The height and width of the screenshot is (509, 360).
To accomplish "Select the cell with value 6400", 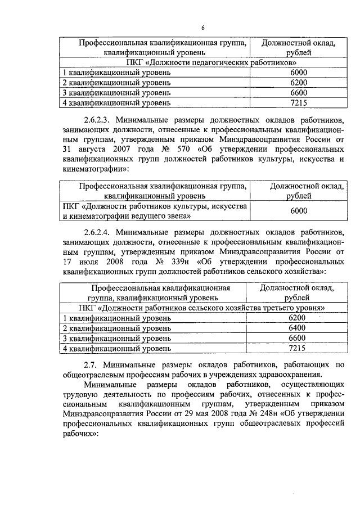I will [296, 328].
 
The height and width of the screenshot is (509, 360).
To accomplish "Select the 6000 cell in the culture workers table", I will [299, 210].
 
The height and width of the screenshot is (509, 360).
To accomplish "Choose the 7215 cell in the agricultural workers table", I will [296, 348].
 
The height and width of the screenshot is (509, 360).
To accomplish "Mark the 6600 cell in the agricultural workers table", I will [296, 338].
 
